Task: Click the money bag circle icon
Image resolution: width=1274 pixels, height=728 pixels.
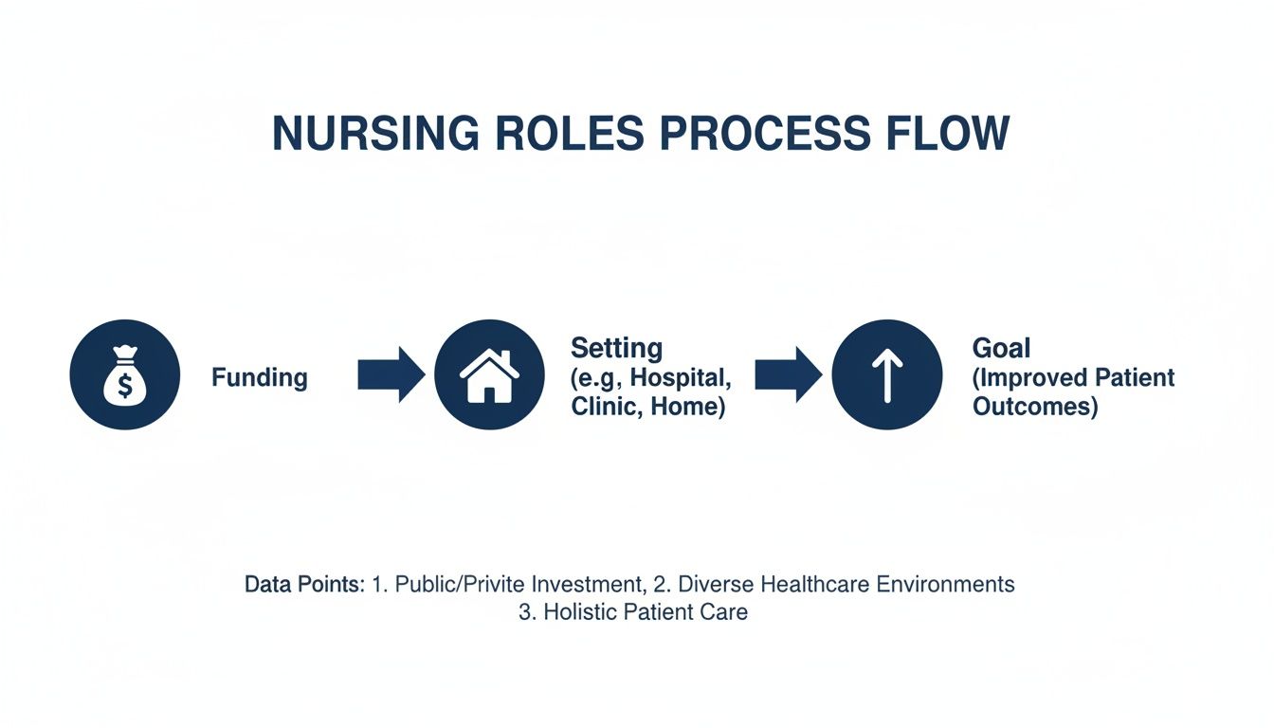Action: (125, 375)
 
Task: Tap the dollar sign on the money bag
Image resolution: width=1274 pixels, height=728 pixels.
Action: (124, 386)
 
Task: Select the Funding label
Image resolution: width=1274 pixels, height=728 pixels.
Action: (260, 377)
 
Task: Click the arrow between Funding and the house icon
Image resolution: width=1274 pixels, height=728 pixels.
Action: (391, 375)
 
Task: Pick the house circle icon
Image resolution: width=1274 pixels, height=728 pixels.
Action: (489, 375)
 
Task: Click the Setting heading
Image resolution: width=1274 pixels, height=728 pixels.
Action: (616, 347)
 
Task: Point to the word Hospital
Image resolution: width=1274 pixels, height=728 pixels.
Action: (680, 377)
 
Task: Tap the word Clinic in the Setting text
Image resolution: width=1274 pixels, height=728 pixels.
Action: (601, 408)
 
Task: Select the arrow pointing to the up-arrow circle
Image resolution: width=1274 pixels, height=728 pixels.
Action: (788, 375)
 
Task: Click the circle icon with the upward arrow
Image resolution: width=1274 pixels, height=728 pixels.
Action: (887, 375)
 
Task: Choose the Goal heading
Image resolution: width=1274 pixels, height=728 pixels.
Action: (1001, 348)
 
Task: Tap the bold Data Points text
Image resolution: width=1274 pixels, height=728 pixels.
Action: (304, 584)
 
